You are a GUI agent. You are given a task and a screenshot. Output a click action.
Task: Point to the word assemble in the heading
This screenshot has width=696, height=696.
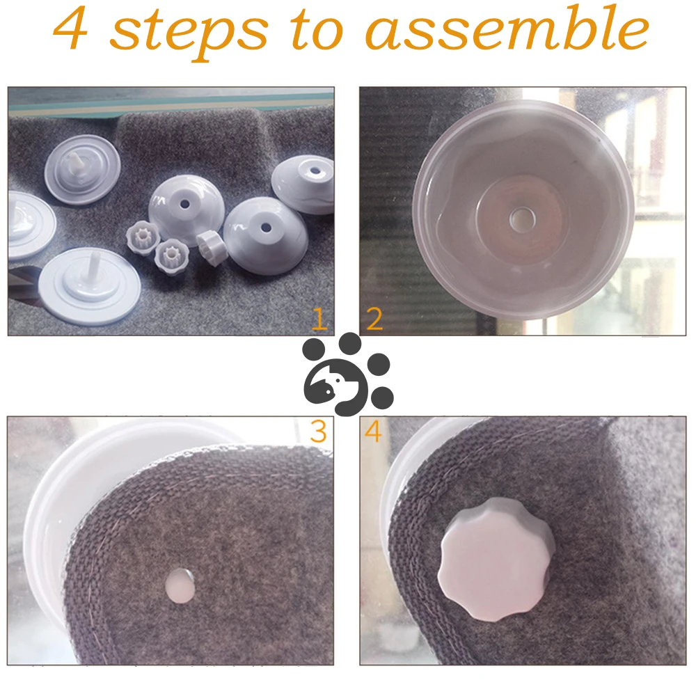[507, 28]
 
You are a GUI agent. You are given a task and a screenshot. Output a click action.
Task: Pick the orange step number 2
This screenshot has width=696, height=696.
[374, 319]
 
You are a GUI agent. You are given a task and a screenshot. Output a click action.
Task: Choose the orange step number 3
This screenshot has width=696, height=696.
[318, 431]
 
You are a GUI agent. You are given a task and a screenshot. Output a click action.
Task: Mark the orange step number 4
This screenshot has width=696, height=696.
[373, 432]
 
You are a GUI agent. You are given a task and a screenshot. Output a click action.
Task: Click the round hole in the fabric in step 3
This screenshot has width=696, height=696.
[180, 585]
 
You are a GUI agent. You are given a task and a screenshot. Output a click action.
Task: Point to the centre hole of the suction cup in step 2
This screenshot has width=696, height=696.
[518, 219]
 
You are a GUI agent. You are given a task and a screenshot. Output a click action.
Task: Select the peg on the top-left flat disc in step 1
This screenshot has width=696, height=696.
[77, 167]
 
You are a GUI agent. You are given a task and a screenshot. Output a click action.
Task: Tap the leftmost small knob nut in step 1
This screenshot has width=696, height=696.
[143, 237]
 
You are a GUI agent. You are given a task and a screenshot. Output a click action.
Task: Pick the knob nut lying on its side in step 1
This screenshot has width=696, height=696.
[212, 248]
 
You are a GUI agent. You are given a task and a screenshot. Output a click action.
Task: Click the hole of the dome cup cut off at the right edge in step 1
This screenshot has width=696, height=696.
[315, 171]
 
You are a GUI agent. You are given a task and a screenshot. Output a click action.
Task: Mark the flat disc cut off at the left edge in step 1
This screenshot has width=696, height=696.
[29, 226]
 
